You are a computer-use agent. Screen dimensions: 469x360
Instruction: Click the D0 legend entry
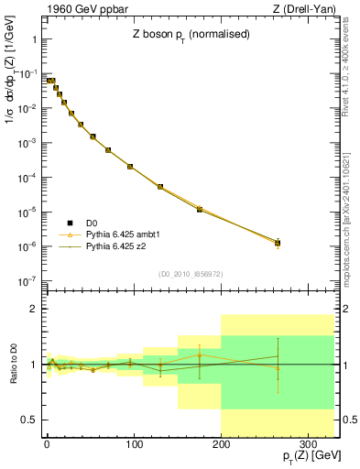pyautogui.click(x=92, y=223)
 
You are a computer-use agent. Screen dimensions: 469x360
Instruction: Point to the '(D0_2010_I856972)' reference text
pyautogui.click(x=191, y=274)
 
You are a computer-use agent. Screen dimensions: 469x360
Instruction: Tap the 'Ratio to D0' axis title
pyautogui.click(x=16, y=365)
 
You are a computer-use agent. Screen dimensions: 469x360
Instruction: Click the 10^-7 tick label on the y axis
pyautogui.click(x=27, y=281)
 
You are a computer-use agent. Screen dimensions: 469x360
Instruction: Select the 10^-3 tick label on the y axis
pyautogui.click(x=27, y=144)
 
